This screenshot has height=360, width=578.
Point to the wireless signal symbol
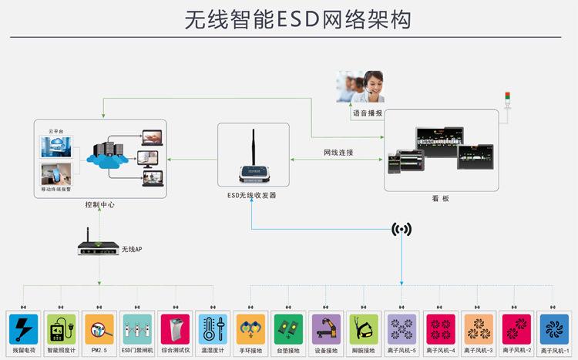[402, 229]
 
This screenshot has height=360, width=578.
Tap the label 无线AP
[132, 250]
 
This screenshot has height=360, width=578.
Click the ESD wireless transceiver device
[254, 166]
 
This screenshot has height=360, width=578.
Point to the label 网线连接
[338, 153]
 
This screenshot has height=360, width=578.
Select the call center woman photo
[361, 86]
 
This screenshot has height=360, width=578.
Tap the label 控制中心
[100, 205]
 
